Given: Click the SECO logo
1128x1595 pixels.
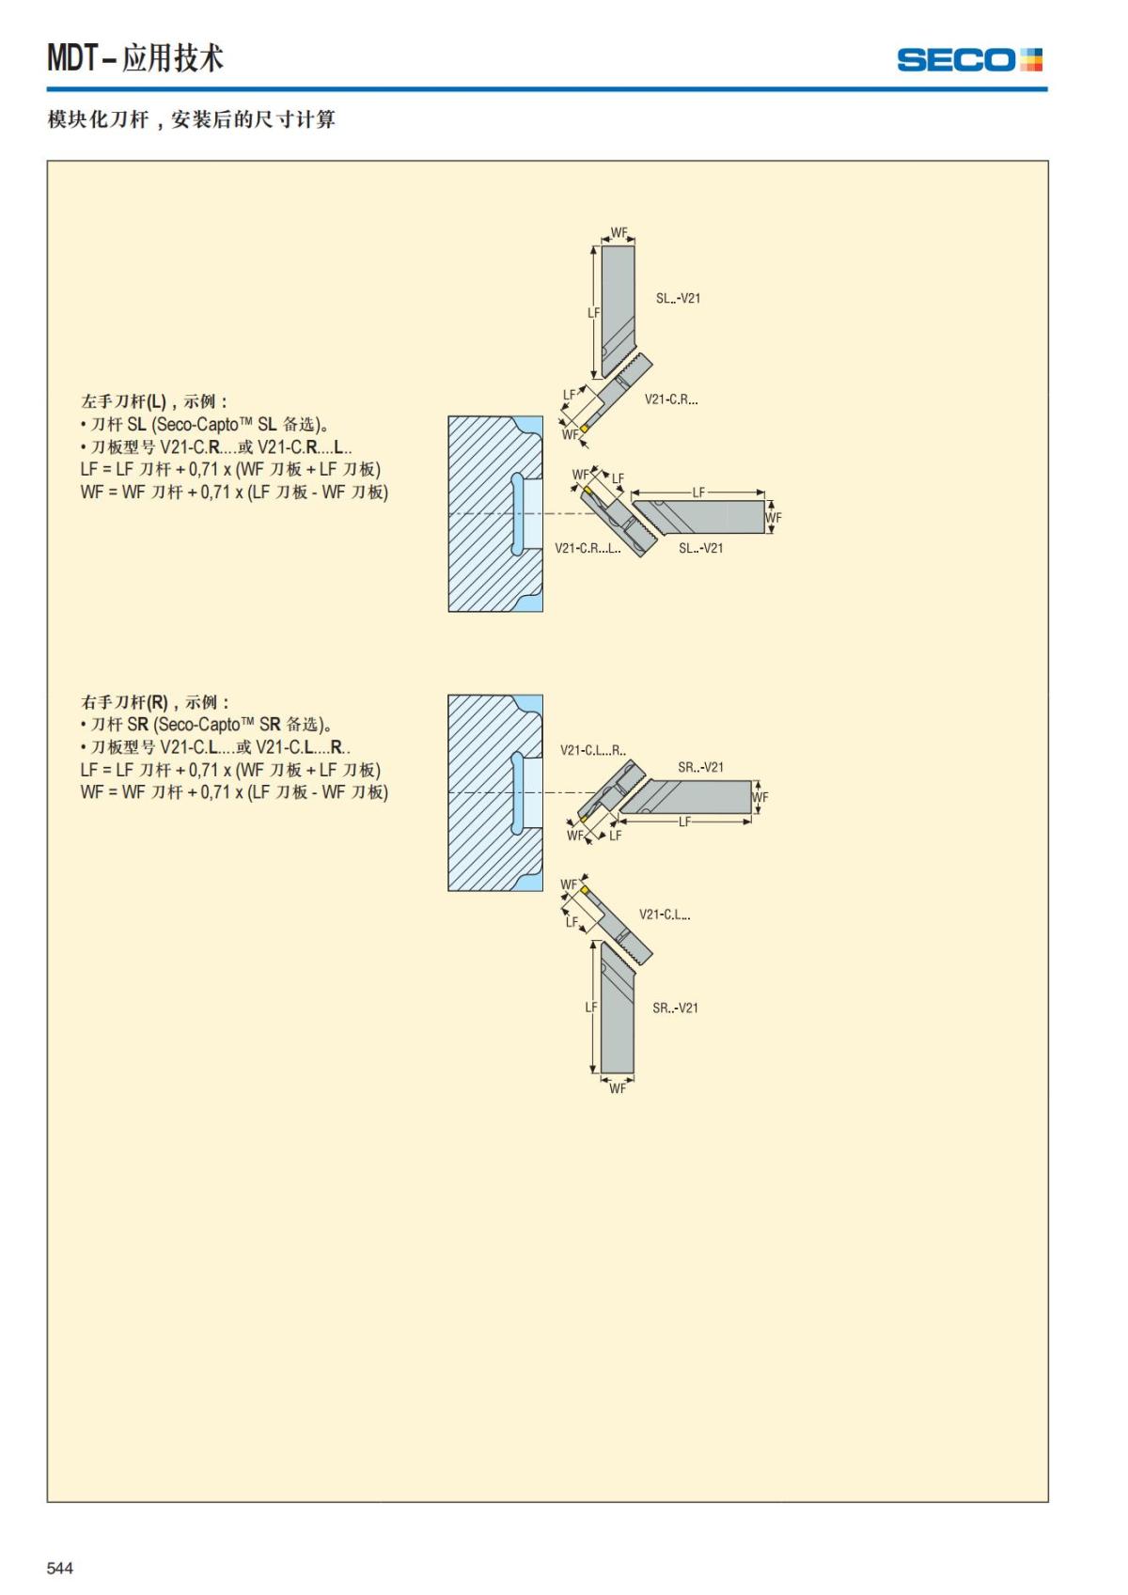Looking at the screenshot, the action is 969,60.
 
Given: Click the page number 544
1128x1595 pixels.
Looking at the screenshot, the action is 60,1567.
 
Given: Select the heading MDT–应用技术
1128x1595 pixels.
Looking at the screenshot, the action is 135,57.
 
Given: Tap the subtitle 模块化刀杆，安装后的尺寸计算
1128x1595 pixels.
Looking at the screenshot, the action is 191,119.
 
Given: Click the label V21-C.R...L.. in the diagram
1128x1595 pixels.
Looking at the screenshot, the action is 587,548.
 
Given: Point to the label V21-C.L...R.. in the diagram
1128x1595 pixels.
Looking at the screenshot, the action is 592,750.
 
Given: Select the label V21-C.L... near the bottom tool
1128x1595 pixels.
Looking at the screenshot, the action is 665,915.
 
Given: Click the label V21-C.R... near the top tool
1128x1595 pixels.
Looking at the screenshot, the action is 671,399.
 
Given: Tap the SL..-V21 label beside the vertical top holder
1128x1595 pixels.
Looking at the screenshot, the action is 678,298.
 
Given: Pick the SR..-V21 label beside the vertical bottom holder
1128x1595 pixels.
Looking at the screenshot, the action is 675,1008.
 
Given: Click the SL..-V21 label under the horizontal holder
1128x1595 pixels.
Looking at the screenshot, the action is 700,548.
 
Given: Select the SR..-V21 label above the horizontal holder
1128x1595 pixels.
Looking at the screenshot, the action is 700,767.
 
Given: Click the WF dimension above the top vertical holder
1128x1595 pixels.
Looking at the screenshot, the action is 619,233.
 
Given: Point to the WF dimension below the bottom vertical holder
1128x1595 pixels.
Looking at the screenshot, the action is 618,1088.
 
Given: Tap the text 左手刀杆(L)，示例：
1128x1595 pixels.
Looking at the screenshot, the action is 154,401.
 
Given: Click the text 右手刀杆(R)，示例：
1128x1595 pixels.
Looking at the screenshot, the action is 155,702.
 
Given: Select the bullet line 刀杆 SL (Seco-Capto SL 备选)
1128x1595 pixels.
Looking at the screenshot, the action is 205,425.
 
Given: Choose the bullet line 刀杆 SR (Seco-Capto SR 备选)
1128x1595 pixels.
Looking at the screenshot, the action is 207,725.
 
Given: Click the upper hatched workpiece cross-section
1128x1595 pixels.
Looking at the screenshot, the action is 495,514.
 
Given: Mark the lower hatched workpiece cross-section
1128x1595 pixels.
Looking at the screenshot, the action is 495,793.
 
